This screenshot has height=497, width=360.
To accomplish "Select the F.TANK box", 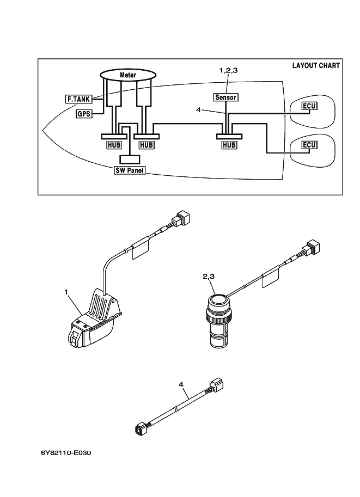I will click(78, 100).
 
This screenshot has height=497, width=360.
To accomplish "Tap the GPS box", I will click(83, 114).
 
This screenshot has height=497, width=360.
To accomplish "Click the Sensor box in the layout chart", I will click(225, 97).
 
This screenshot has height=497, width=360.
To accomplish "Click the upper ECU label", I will click(309, 106).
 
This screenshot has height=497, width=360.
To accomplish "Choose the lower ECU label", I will click(309, 145).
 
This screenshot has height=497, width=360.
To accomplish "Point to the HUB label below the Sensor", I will click(229, 145).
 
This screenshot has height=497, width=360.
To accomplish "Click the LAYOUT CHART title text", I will click(316, 65).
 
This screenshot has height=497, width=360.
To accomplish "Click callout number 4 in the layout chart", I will click(198, 110).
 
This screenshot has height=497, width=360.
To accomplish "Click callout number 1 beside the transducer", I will click(66, 293).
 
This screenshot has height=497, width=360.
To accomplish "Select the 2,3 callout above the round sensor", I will click(209, 277).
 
